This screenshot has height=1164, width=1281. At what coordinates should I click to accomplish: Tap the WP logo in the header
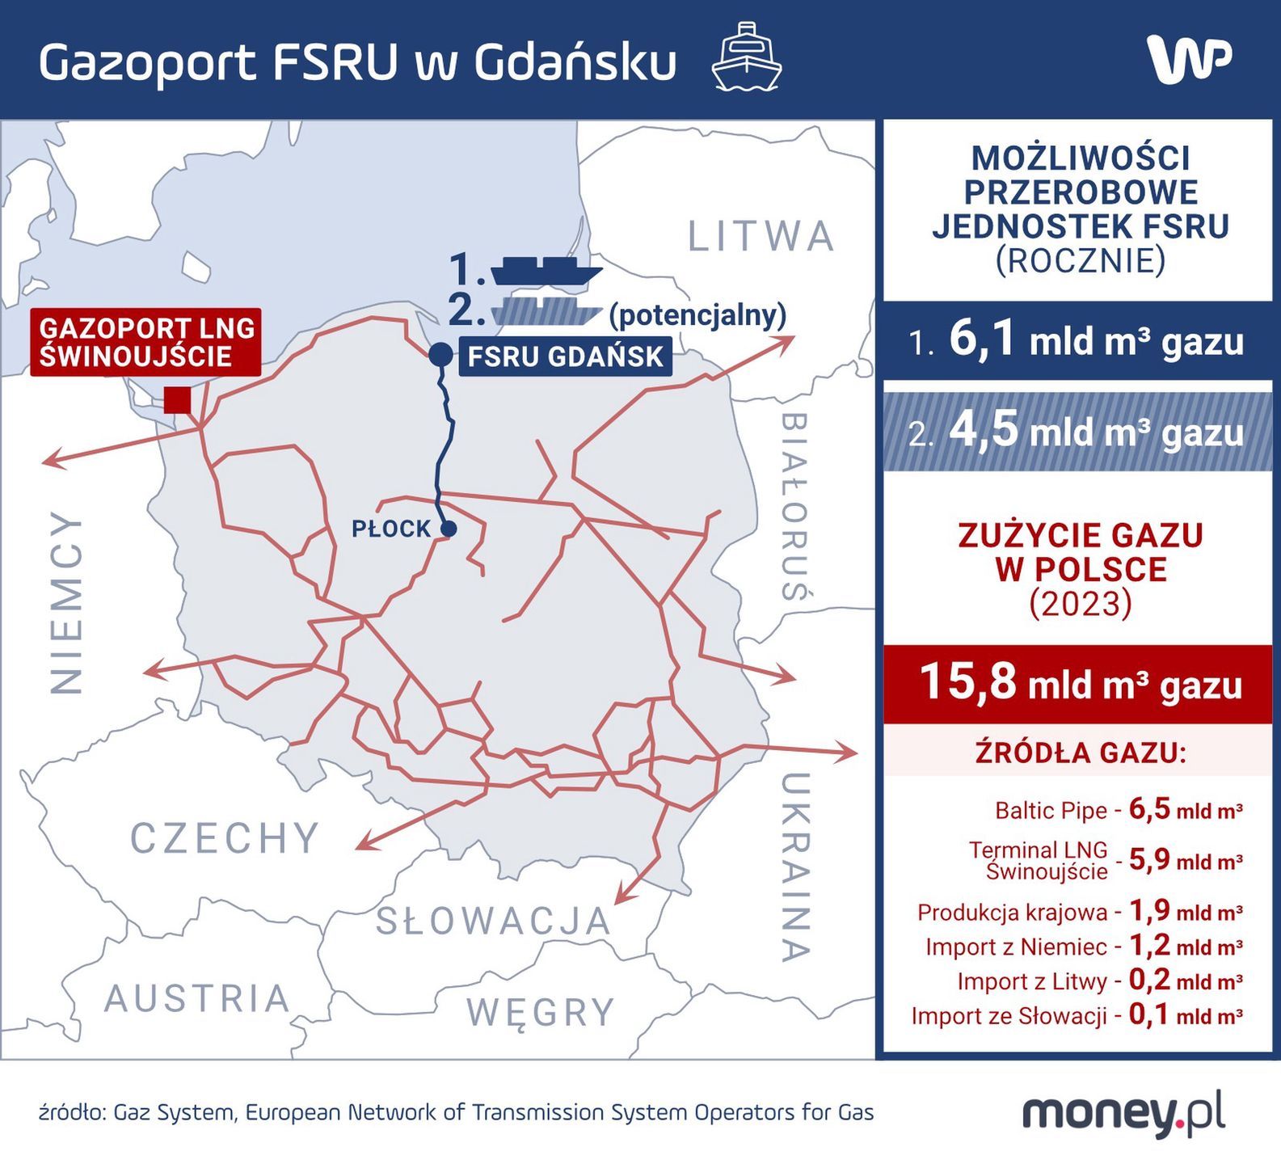(1188, 59)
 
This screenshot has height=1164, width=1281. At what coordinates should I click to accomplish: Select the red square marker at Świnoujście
(177, 400)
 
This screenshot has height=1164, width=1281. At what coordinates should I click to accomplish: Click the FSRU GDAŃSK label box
(565, 356)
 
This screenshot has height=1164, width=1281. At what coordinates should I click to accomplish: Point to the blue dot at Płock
(449, 529)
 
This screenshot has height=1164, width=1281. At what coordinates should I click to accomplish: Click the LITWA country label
(760, 237)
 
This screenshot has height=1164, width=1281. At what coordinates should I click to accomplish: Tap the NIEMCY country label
(67, 602)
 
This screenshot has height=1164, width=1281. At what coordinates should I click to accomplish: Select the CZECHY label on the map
(225, 838)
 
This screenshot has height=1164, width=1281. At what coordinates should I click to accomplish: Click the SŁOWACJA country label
(493, 921)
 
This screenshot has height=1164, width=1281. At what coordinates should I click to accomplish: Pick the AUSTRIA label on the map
(197, 999)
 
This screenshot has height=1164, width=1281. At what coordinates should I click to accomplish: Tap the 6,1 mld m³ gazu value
(1095, 340)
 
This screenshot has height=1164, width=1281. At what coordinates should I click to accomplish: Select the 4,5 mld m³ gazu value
(1095, 432)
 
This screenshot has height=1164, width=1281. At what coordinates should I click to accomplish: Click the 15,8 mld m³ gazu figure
(1080, 683)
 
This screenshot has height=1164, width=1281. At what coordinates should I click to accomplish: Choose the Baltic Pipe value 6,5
(1149, 809)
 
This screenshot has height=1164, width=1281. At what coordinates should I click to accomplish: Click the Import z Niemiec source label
(1016, 947)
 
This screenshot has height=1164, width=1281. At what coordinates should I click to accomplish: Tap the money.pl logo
(1123, 1114)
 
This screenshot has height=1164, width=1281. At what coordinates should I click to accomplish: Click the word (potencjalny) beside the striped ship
(697, 314)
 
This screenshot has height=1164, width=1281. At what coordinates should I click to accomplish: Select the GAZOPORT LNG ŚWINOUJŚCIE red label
(146, 342)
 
